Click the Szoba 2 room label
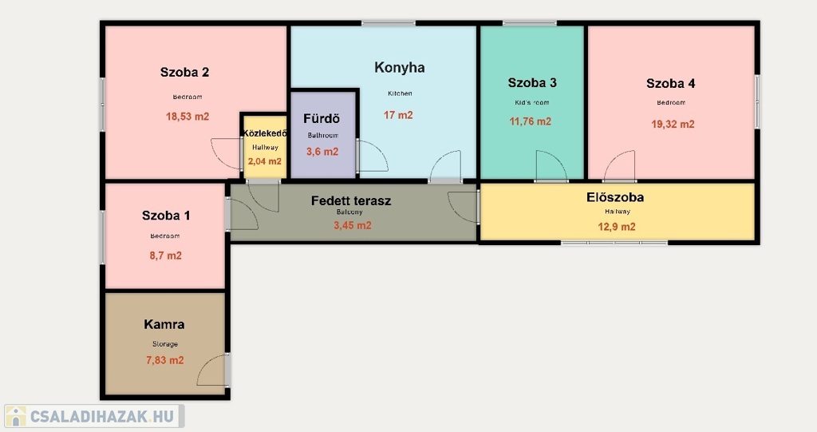(184, 73)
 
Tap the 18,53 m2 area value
(187, 117)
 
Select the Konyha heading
(400, 68)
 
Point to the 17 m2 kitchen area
(398, 115)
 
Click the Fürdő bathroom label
(322, 118)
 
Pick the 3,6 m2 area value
(322, 152)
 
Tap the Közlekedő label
(265, 133)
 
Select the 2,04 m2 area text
(265, 161)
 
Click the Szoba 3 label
(532, 82)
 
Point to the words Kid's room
(532, 102)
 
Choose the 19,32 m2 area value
(673, 125)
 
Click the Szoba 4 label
(670, 84)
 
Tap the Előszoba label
(615, 197)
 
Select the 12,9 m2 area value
(617, 227)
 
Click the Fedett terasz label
(351, 201)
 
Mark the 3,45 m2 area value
(352, 225)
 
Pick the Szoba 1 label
(166, 216)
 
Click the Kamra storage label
(164, 324)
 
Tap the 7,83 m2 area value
(164, 360)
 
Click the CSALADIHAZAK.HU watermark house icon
(16, 416)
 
